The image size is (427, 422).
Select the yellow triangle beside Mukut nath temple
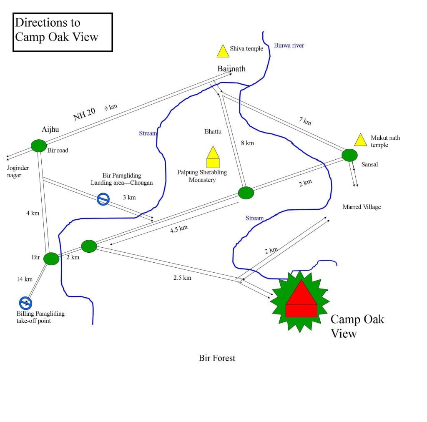click(x=360, y=141)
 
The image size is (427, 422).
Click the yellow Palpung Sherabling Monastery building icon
click(x=213, y=157)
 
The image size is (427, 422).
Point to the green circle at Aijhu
click(x=39, y=146)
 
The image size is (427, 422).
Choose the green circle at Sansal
click(x=349, y=155)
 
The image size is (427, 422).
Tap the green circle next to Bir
click(x=51, y=259)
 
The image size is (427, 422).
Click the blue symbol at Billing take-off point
click(x=25, y=302)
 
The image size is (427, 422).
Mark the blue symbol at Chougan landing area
click(x=103, y=199)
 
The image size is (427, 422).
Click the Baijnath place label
click(x=231, y=69)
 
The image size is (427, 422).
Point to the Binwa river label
click(x=289, y=45)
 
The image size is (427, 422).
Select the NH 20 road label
click(x=84, y=114)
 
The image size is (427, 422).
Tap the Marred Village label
click(x=362, y=207)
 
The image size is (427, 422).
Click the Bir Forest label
click(x=217, y=358)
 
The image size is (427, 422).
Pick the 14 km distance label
click(x=25, y=279)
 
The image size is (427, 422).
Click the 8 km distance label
click(x=247, y=143)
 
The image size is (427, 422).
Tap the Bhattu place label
click(x=213, y=132)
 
